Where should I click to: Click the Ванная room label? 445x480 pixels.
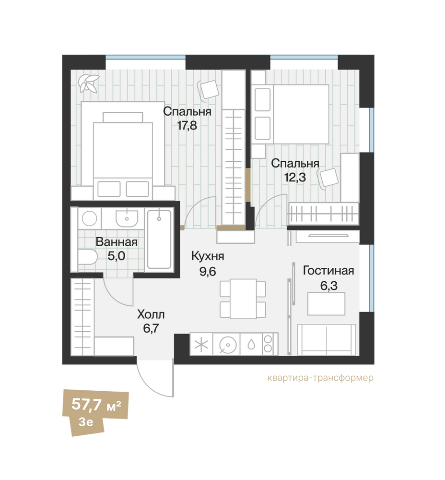pos(116,242)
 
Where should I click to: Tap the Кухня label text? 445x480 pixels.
pos(208,256)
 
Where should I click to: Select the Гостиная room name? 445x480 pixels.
pos(328,271)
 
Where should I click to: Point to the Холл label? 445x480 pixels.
pos(151,314)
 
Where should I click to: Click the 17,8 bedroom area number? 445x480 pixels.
pos(187,125)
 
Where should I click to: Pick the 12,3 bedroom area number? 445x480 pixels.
pos(295,177)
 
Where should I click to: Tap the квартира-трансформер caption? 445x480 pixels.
pos(320,378)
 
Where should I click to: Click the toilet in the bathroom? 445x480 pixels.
pos(87,257)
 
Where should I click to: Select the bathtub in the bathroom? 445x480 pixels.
pos(159,240)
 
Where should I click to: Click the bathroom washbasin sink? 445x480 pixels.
pos(127,218)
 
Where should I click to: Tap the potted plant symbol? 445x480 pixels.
pos(89,84)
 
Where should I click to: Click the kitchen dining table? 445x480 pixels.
pos(243,299)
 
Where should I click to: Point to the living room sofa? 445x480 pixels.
pos(327,340)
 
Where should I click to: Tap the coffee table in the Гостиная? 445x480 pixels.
pos(327,304)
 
